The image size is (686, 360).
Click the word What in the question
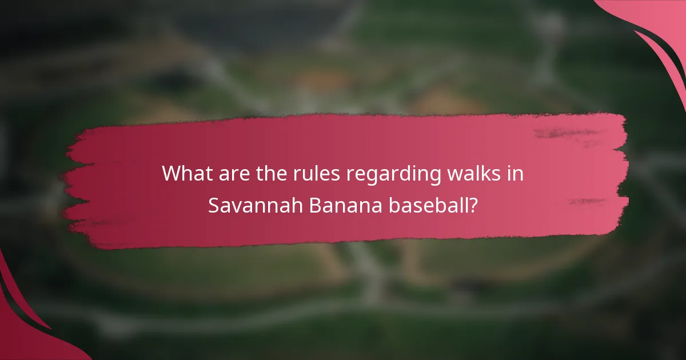(x=186, y=174)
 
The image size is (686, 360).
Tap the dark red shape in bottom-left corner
(x=23, y=331)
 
